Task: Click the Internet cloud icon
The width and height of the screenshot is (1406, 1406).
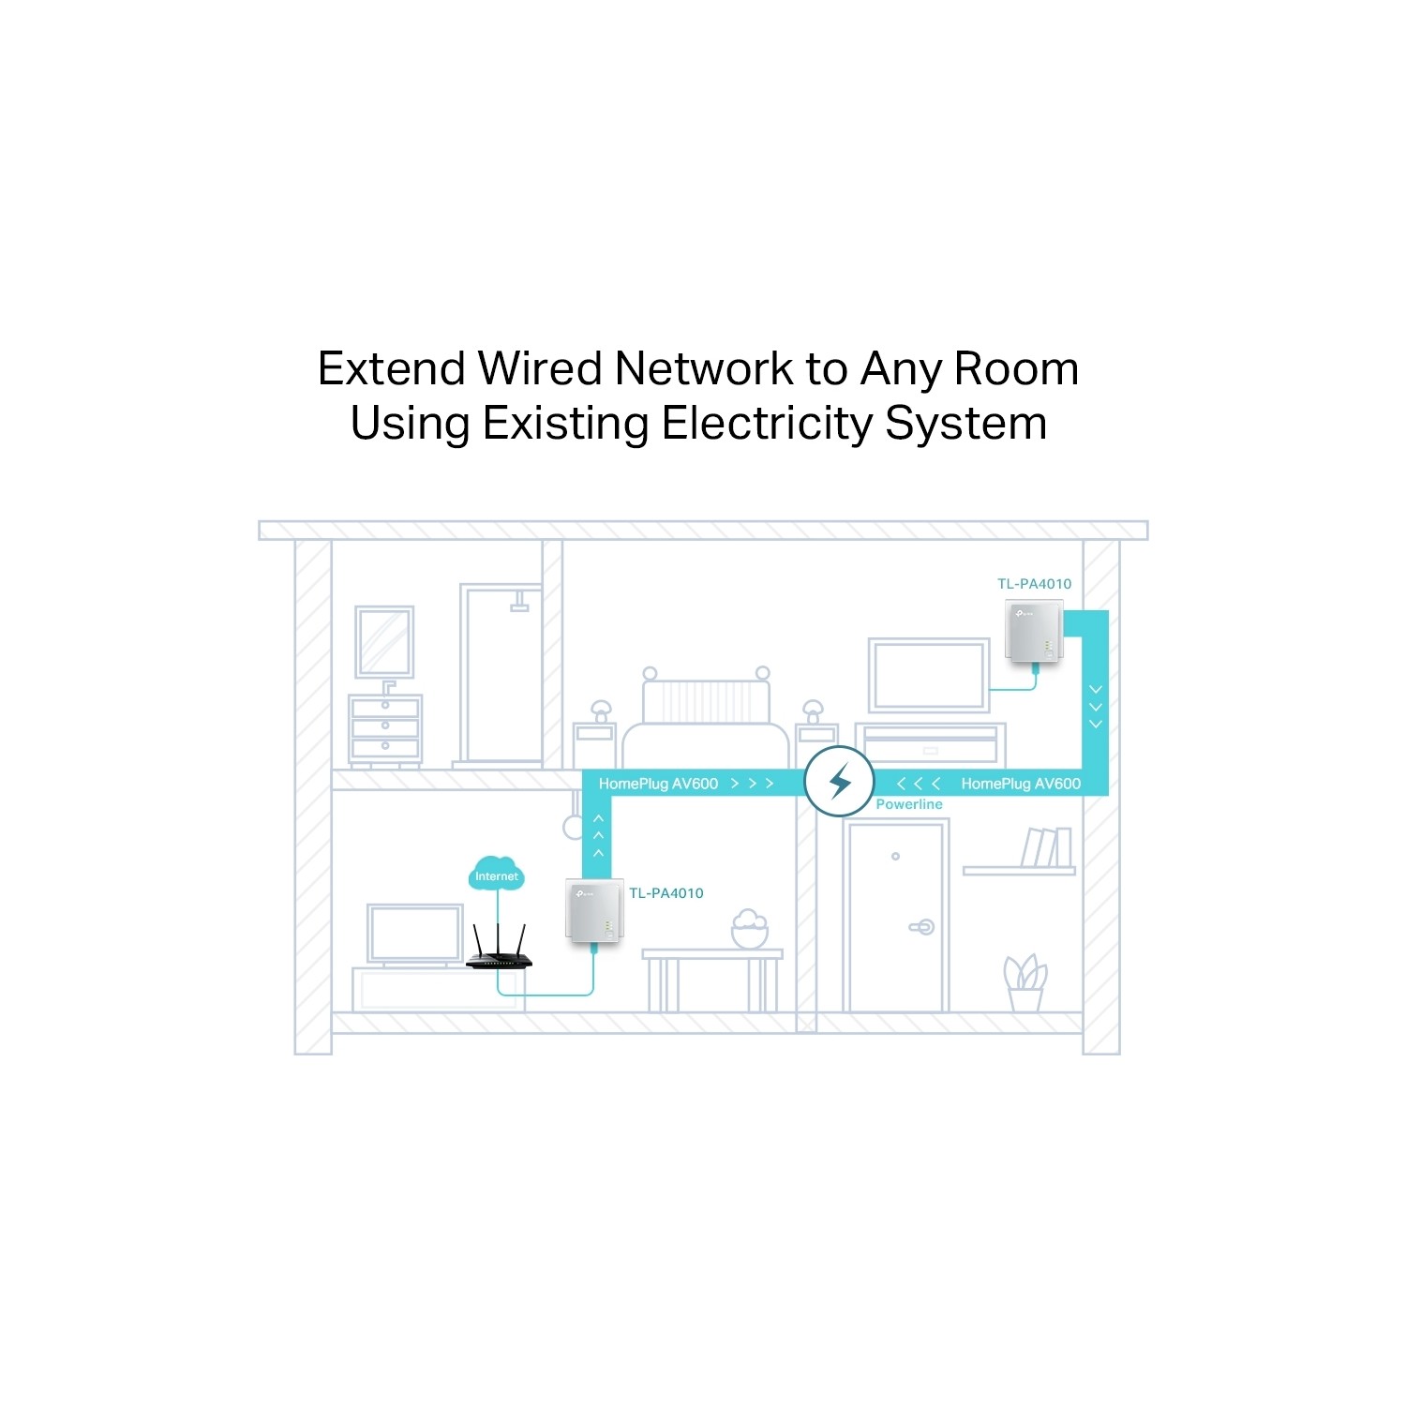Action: click(496, 873)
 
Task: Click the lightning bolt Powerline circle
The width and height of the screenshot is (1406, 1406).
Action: click(840, 781)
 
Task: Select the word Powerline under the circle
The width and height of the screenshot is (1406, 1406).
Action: click(909, 804)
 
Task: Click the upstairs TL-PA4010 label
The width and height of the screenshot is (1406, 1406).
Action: click(1034, 584)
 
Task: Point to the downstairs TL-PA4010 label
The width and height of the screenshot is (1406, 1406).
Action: click(666, 893)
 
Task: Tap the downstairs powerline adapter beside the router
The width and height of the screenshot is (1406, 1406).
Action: click(594, 909)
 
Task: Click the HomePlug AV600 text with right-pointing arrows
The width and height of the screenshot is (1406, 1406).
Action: click(686, 784)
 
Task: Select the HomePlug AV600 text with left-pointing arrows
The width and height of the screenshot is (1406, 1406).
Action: click(988, 784)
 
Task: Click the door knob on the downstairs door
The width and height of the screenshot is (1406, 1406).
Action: click(922, 927)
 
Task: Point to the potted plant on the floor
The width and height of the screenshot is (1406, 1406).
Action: click(1025, 982)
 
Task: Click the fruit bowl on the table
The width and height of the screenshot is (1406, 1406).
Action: click(750, 929)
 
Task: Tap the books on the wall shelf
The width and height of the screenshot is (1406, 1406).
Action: click(1046, 847)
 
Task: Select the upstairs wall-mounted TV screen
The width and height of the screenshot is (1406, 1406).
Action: click(929, 675)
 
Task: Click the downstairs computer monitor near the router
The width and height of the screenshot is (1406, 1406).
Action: click(415, 935)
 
